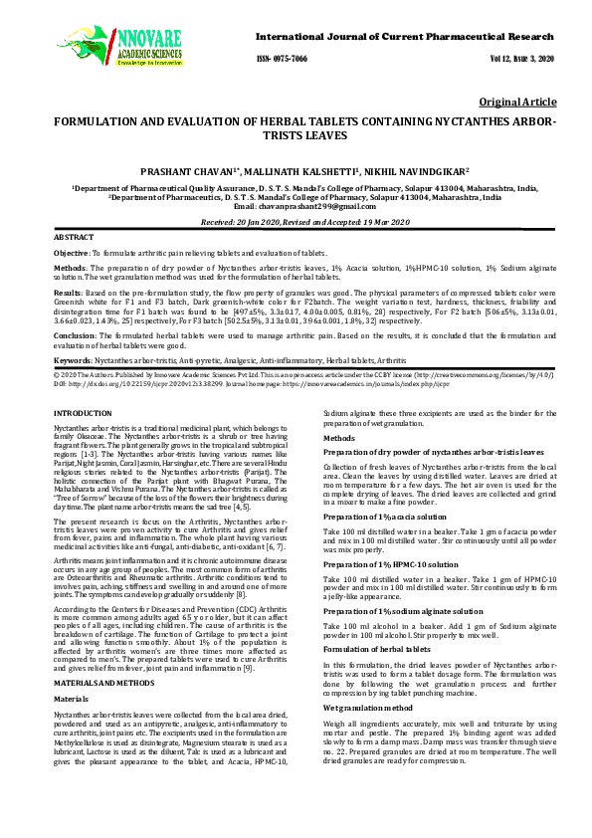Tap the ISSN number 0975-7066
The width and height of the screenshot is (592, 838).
(284, 60)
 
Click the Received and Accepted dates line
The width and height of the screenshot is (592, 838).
(296, 222)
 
